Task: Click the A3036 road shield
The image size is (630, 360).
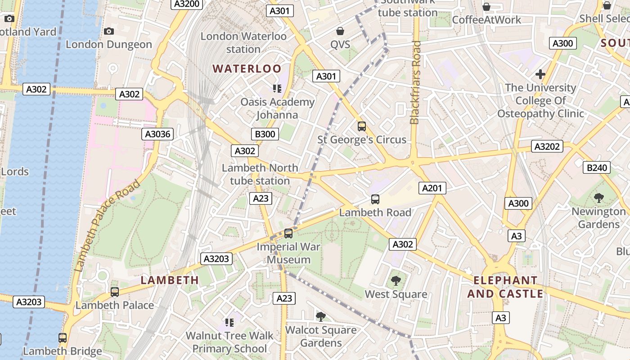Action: (157, 134)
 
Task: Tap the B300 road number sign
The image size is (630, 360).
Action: (265, 134)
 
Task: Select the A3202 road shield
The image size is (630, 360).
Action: (547, 146)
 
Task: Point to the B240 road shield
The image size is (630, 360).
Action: (597, 168)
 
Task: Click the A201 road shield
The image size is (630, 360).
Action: (432, 188)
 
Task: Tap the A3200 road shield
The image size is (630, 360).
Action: (187, 4)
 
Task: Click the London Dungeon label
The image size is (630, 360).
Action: (109, 44)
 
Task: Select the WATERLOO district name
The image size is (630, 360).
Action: (247, 69)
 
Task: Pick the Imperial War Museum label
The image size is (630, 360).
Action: (288, 253)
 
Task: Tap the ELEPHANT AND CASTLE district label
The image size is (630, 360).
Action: (505, 287)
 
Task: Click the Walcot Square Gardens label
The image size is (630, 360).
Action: (321, 336)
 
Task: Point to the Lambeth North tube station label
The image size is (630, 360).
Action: (260, 174)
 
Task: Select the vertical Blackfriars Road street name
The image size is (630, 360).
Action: (416, 82)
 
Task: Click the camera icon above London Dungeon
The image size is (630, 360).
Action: (109, 31)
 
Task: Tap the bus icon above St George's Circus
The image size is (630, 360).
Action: (361, 126)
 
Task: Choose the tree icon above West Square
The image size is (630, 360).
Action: (396, 281)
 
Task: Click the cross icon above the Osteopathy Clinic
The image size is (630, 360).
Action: (540, 74)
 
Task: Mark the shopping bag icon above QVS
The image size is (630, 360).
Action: (340, 31)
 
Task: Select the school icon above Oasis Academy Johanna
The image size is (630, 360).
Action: (277, 89)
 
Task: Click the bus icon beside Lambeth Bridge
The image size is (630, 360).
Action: (63, 337)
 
